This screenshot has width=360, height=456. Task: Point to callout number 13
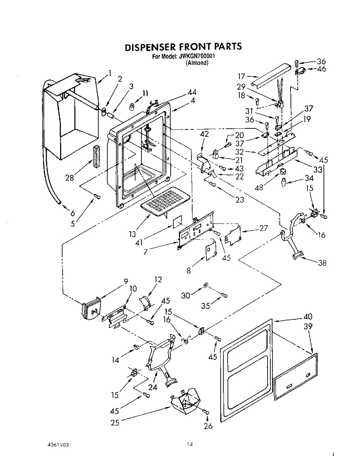point(132,234)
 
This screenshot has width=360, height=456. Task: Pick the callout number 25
point(115,423)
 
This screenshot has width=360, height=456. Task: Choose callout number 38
point(322,263)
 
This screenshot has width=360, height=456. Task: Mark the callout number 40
point(308,317)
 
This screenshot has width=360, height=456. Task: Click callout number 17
point(241,77)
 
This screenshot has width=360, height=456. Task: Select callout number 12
point(158,279)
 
